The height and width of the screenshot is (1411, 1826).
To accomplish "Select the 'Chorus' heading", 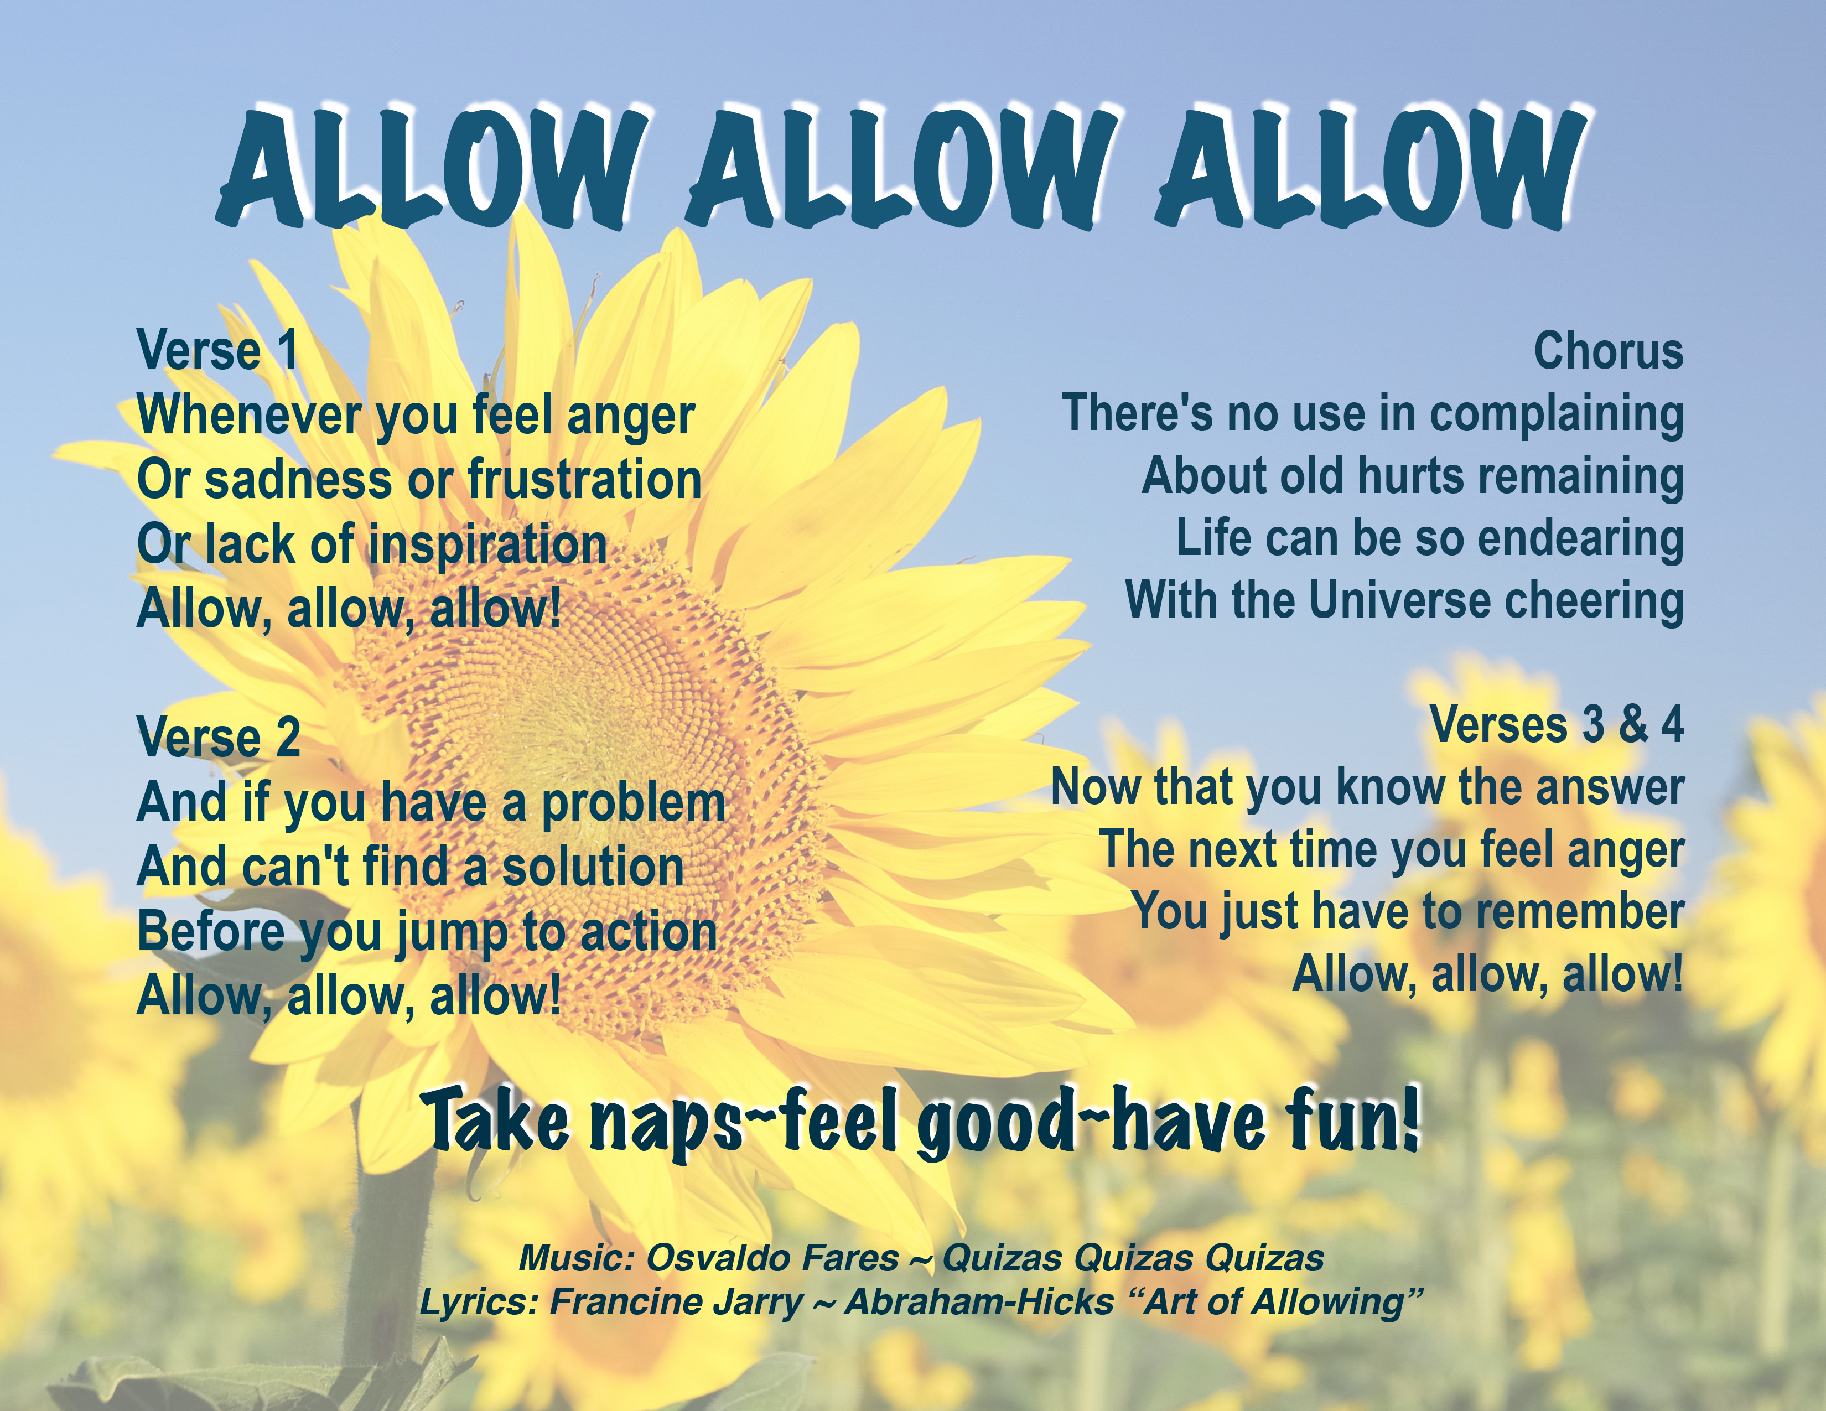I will tap(1608, 351).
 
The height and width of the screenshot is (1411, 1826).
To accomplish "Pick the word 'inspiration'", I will tap(487, 545).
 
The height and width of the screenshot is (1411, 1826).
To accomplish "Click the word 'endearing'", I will tap(1580, 538).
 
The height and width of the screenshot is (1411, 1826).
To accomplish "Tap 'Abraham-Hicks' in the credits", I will tap(979, 1301).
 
